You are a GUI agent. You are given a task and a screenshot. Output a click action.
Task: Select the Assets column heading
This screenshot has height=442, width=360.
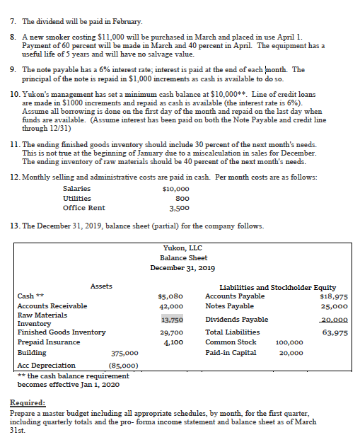[x=101, y=286]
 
